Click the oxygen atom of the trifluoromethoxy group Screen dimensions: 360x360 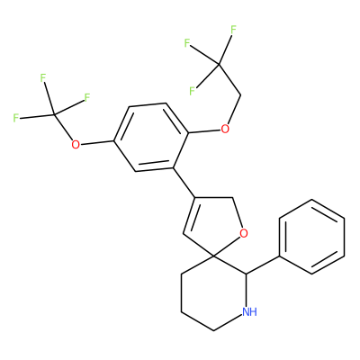pyautogui.click(x=76, y=145)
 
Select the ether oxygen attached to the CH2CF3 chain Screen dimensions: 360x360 pyautogui.click(x=225, y=130)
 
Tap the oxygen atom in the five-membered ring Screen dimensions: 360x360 pyautogui.click(x=244, y=233)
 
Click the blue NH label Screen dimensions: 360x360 pyautogui.click(x=249, y=311)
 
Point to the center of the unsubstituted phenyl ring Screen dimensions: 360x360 pyautogui.click(x=311, y=237)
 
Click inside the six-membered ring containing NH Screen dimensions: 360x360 pyautogui.click(x=213, y=293)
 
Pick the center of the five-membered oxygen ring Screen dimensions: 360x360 pyautogui.click(x=214, y=228)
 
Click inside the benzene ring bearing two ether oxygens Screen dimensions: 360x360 pyautogui.click(x=151, y=138)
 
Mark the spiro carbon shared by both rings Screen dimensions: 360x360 pyautogui.click(x=213, y=256)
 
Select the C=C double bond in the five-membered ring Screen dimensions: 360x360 pyautogui.click(x=189, y=215)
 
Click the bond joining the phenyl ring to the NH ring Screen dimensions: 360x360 pyautogui.click(x=263, y=265)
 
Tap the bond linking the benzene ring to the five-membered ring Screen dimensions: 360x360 pyautogui.click(x=184, y=183)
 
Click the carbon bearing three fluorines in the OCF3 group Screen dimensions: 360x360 pyautogui.click(x=54, y=114)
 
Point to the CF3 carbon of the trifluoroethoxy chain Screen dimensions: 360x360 pyautogui.click(x=220, y=64)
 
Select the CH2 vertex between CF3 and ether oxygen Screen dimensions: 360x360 pyautogui.click(x=241, y=96)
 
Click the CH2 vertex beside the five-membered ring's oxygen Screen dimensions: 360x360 pyautogui.click(x=233, y=197)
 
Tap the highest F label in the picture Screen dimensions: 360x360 pyautogui.click(x=233, y=30)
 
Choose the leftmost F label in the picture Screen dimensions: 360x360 pyautogui.click(x=16, y=118)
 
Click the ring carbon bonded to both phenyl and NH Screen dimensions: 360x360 pyautogui.click(x=246, y=274)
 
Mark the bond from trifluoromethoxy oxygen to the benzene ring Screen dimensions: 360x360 pyautogui.click(x=96, y=142)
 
